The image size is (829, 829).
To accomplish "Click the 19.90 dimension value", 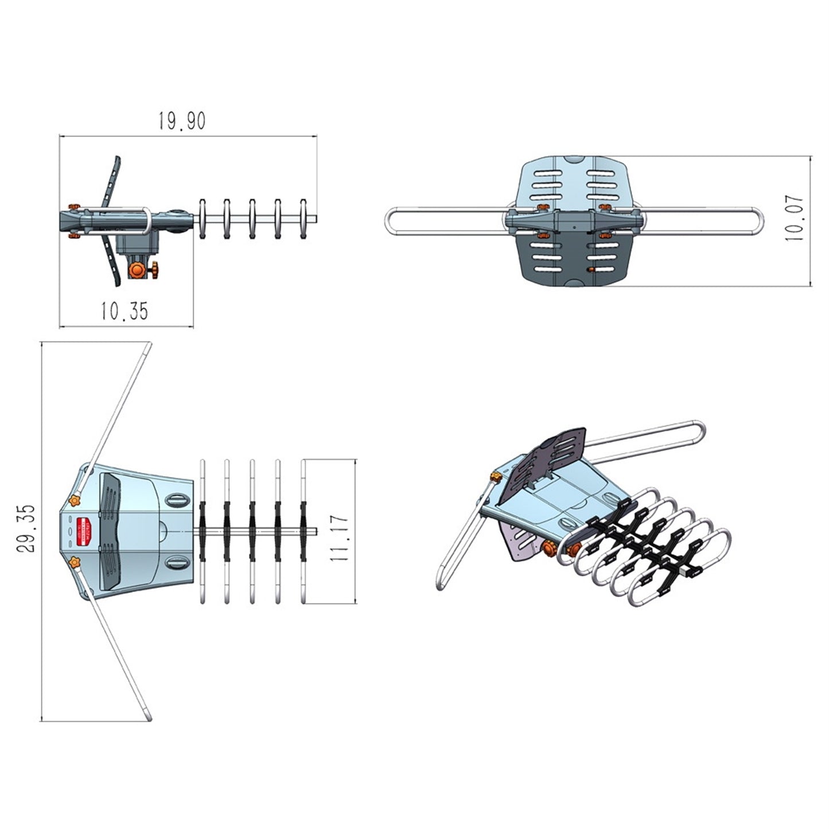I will (x=181, y=122).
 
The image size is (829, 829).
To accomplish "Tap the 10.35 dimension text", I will (x=124, y=311).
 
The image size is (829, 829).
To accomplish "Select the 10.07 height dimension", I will (x=795, y=219).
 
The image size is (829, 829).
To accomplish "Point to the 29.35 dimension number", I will (x=26, y=529).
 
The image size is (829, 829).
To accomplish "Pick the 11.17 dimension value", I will (x=340, y=538).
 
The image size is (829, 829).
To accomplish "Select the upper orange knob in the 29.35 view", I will (x=74, y=501).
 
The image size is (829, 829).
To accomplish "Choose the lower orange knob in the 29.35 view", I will (x=74, y=563).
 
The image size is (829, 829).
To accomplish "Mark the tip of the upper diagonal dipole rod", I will (x=148, y=345).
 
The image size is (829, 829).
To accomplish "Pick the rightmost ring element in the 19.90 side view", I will (x=303, y=219).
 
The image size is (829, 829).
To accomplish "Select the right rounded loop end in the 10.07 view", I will (x=760, y=220).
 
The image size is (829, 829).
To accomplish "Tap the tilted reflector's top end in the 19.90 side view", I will (x=117, y=159).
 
